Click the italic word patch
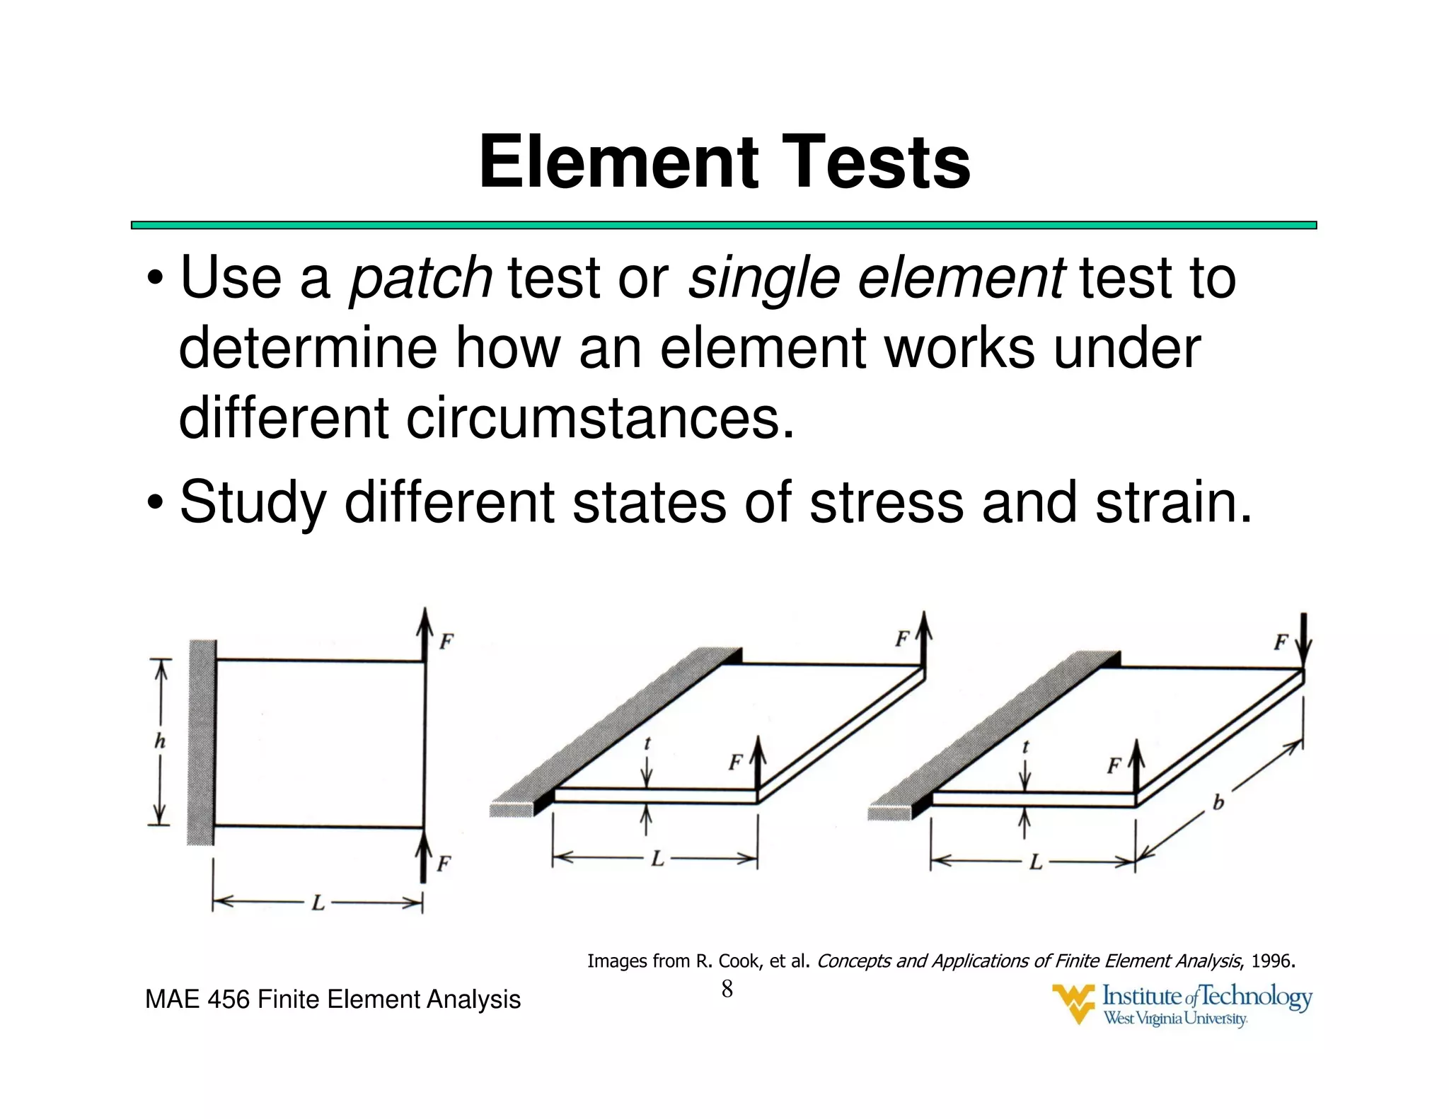tap(421, 278)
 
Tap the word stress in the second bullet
tap(886, 502)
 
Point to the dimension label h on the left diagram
tap(161, 741)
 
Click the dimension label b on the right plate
tap(1218, 803)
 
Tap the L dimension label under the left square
tap(318, 903)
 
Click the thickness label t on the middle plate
tap(647, 743)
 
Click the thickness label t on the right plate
tap(1025, 746)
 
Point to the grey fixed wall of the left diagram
tap(202, 743)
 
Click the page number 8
tap(727, 990)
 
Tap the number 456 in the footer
tap(229, 999)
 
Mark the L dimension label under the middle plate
tap(657, 859)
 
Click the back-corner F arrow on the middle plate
tap(924, 637)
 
